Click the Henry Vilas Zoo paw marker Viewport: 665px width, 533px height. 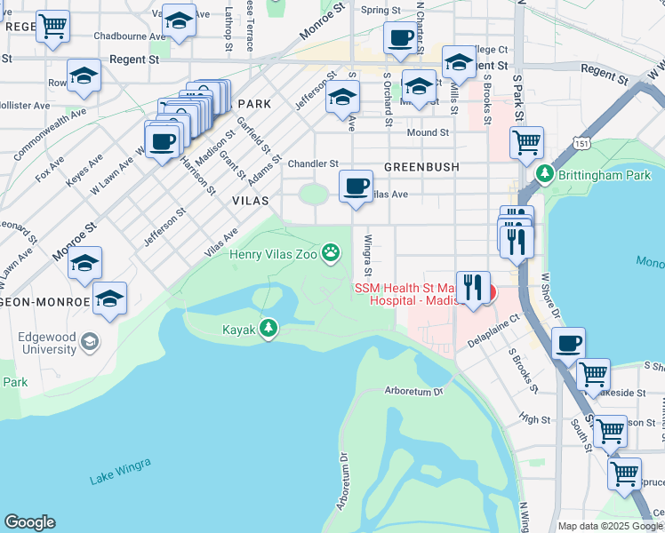click(x=332, y=253)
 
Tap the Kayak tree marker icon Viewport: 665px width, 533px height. click(x=268, y=330)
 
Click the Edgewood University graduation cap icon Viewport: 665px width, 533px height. click(x=90, y=341)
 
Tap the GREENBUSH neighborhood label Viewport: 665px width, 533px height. click(x=421, y=167)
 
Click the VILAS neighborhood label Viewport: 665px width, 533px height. click(x=250, y=202)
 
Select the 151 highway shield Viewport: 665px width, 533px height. click(x=581, y=142)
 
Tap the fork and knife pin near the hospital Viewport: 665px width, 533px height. click(x=473, y=286)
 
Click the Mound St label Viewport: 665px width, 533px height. click(x=428, y=133)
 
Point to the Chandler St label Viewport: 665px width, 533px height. click(x=313, y=163)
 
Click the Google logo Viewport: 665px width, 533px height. click(x=29, y=522)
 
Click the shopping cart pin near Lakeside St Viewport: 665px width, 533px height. click(x=593, y=374)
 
